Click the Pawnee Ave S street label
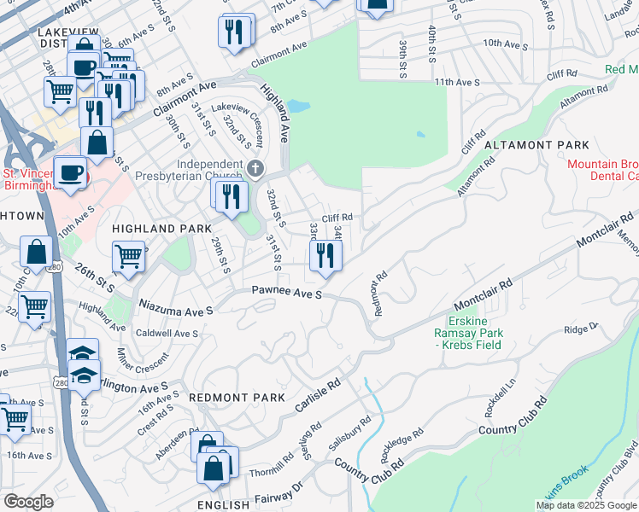pos(286,293)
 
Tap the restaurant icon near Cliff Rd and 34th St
pos(325,256)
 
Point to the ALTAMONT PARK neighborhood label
pos(536,146)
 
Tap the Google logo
pos(28,502)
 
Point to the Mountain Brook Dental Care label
pos(602,170)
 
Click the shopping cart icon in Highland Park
pos(128,254)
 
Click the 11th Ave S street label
pos(457,82)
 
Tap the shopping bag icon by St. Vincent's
pos(97,143)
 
